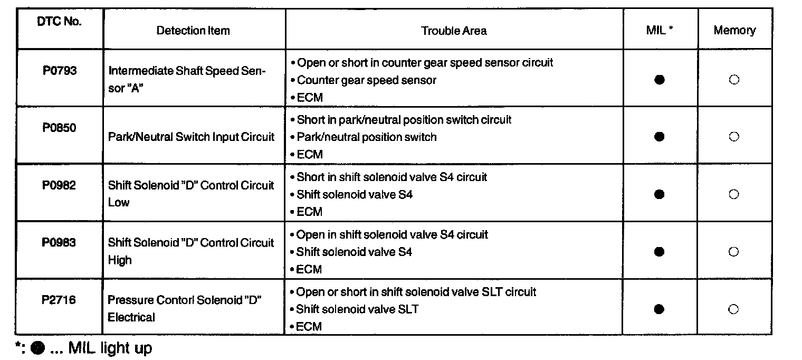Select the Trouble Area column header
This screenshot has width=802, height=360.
454,31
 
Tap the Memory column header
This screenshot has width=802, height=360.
734,30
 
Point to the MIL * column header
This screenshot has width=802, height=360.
660,30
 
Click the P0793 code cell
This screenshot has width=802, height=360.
60,71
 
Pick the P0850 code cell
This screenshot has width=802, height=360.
60,128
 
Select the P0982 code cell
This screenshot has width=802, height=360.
60,185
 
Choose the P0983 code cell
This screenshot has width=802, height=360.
60,242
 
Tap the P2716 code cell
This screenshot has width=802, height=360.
60,300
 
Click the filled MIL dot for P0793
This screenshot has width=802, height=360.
658,80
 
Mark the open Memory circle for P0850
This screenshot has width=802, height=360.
733,137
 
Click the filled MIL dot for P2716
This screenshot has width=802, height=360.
658,309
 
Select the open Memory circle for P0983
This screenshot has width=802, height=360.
733,252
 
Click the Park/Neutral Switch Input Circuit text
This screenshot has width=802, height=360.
191,137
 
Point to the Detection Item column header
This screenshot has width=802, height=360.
193,31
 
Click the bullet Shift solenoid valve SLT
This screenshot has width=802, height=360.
357,309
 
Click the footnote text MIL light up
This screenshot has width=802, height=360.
110,348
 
